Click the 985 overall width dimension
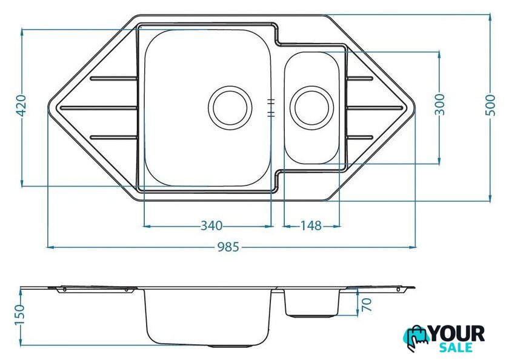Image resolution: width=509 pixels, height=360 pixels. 228,247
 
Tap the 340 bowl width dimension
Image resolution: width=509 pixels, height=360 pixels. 211,225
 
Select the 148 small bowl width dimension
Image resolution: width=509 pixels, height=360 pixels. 311,225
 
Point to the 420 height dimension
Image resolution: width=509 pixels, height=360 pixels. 21,105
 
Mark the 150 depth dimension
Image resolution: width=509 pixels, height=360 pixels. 20,315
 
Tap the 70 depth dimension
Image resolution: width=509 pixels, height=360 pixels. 366,304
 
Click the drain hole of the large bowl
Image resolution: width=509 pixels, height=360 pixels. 230,108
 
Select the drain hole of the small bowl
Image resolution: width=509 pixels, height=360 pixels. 311,108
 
